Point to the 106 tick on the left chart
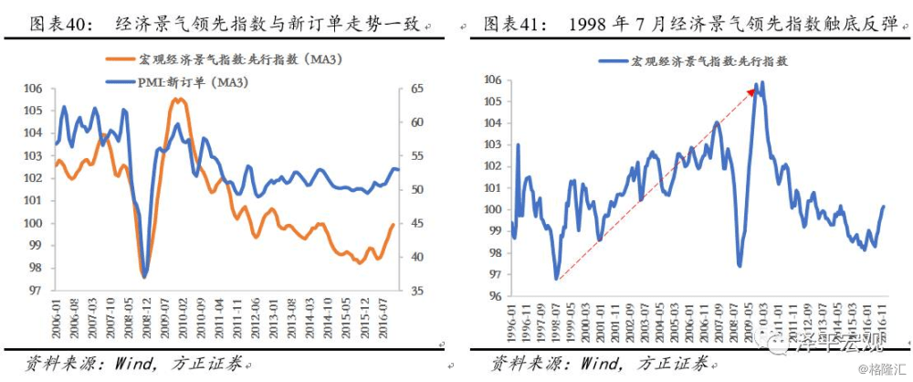34,89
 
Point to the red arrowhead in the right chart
755,89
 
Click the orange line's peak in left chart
178,99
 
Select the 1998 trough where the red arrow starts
556,279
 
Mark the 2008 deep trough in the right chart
739,266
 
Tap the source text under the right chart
598,365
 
